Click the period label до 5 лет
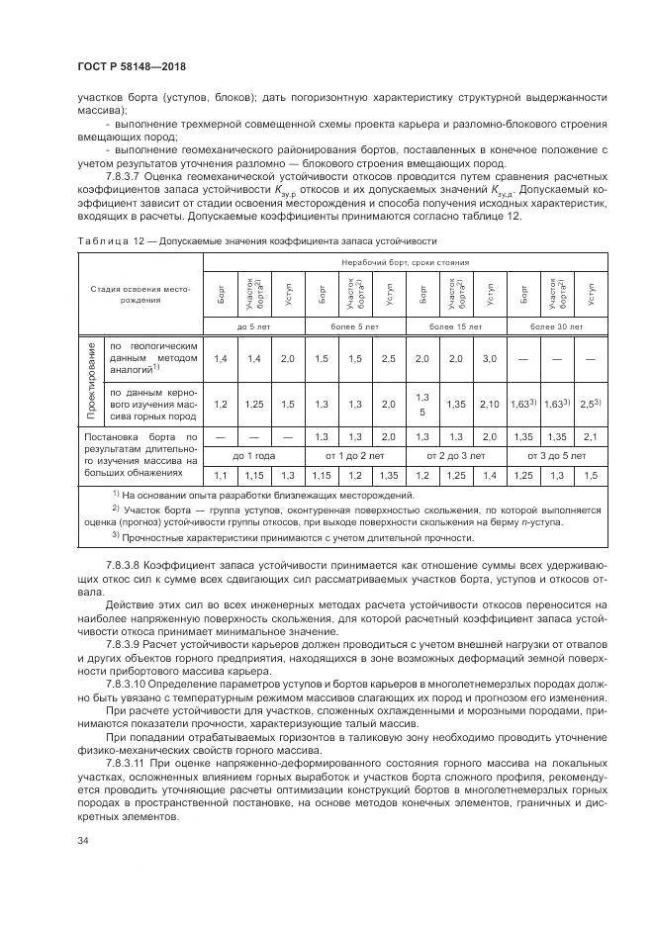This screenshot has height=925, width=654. click(x=254, y=324)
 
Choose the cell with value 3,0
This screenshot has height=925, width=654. click(x=489, y=359)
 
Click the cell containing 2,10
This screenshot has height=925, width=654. click(x=489, y=404)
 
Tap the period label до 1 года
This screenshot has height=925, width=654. click(x=254, y=456)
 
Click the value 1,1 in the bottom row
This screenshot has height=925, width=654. click(x=220, y=476)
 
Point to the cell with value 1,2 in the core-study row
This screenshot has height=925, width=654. click(x=220, y=404)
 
